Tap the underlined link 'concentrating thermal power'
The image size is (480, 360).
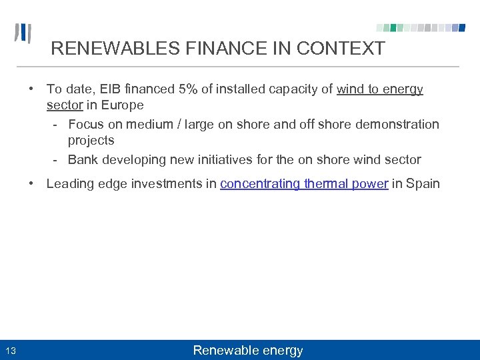[x=304, y=183]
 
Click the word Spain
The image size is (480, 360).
[x=423, y=183]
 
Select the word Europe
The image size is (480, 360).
[x=123, y=105]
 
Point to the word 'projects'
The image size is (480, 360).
[x=91, y=140]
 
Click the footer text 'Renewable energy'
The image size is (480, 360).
[x=247, y=351]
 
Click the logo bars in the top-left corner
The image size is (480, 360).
[x=23, y=33]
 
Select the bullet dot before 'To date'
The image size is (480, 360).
[x=31, y=89]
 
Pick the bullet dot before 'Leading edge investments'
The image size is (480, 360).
[x=31, y=183]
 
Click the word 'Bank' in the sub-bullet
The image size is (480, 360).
[x=83, y=159]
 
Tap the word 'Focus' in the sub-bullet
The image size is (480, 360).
[x=86, y=124]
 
